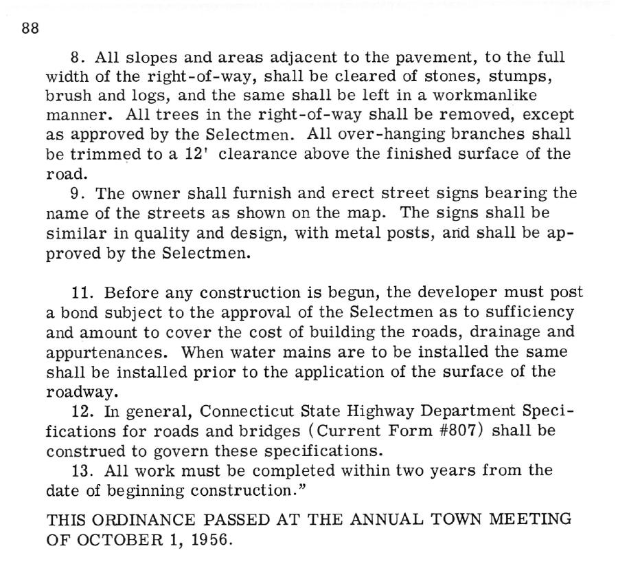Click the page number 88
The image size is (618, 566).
30,29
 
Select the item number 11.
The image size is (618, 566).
81,293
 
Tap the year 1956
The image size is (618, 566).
209,540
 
